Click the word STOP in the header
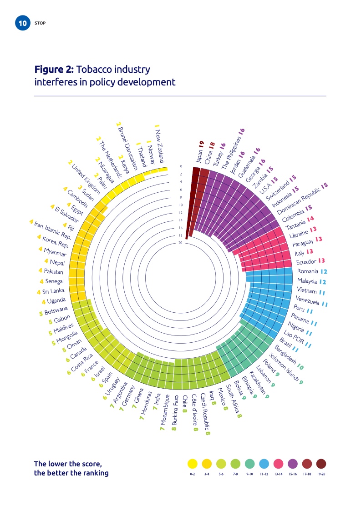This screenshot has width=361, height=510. pos(40,23)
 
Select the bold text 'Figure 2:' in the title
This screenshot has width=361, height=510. pos(54,70)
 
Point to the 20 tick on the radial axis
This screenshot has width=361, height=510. pos(181,243)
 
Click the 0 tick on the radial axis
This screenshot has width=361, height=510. pos(181,166)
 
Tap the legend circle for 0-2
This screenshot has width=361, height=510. pos(192,464)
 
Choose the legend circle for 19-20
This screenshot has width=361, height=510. pos(321,464)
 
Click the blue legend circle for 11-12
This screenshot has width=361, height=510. pos(264,464)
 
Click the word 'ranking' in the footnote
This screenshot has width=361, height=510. pos(93,473)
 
